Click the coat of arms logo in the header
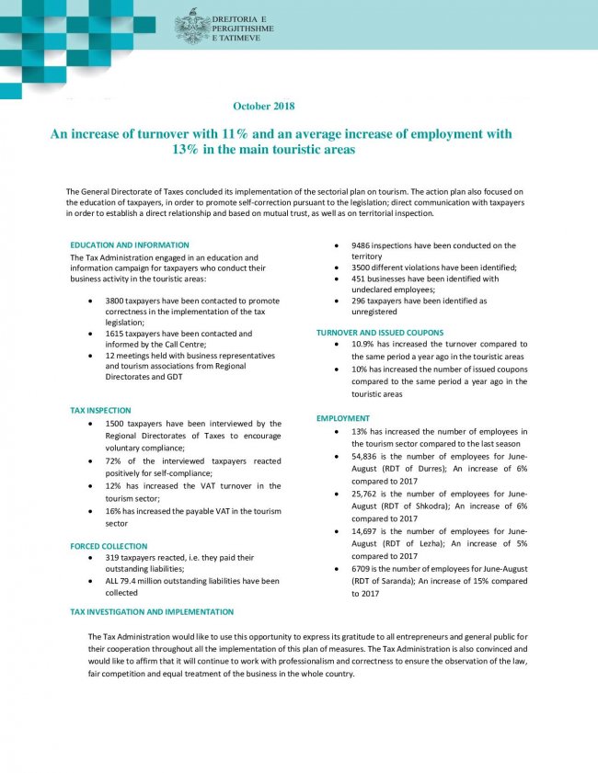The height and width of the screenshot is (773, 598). [191, 27]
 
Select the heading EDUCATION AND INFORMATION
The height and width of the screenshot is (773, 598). [130, 245]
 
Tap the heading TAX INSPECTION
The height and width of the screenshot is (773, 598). [100, 410]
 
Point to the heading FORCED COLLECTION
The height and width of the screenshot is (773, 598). [109, 546]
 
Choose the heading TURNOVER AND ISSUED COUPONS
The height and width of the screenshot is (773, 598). [380, 332]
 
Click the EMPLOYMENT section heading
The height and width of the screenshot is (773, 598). [343, 418]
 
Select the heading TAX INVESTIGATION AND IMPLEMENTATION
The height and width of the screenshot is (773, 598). [152, 611]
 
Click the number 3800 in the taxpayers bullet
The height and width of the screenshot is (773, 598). [116, 301]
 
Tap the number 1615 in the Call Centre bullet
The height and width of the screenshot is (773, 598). [116, 334]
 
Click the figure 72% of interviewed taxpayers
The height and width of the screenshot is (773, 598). [114, 460]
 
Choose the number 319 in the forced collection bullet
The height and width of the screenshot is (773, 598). [114, 557]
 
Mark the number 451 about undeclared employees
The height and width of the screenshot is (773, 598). [360, 279]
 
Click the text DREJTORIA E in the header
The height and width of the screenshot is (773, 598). [238, 18]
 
